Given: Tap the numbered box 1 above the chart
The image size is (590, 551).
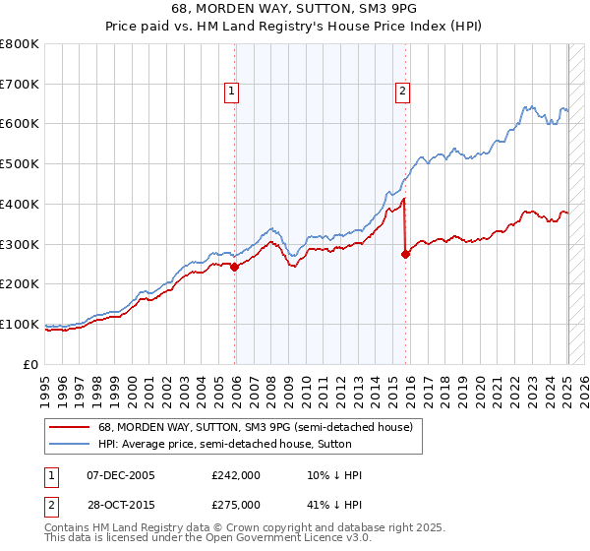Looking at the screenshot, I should coord(231,92).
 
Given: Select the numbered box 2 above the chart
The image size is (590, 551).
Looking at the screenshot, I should coord(403,92).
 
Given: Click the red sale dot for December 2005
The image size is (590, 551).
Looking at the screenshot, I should coord(235,267).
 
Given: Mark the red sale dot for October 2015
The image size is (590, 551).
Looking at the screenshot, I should coord(405,254).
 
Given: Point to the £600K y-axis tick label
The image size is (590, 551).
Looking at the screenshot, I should coord(20,124).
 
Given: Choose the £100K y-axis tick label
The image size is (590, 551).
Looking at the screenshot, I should coord(20,324).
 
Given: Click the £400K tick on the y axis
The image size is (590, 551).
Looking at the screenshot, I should coord(20,204).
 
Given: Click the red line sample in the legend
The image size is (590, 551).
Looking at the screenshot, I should coord(69,427).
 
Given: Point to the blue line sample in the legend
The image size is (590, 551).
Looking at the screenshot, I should coord(69,444).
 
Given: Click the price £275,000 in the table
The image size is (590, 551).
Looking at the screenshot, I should coord(236,504).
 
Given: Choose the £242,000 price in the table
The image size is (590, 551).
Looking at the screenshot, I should coord(236,475).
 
